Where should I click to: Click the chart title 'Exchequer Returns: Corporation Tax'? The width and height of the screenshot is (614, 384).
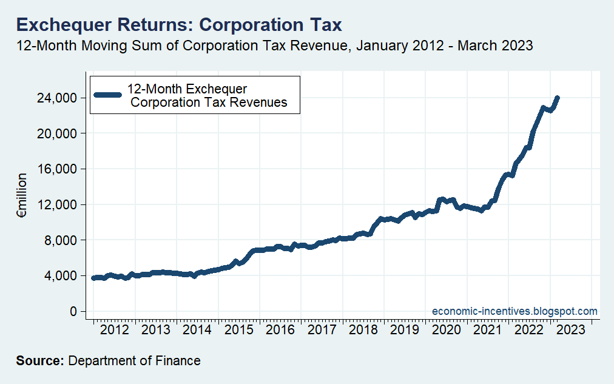[179, 25]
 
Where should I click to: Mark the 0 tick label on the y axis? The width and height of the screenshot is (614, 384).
[73, 311]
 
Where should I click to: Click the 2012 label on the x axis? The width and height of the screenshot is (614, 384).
[115, 330]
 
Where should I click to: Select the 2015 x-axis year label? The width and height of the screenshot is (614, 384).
[239, 330]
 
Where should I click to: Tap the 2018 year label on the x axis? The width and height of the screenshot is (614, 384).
[363, 330]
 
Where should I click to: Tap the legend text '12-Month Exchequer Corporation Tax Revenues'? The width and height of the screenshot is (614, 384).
[208, 96]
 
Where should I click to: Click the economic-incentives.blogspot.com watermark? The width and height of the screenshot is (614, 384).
[514, 311]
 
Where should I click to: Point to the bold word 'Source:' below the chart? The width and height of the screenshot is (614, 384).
[40, 361]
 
